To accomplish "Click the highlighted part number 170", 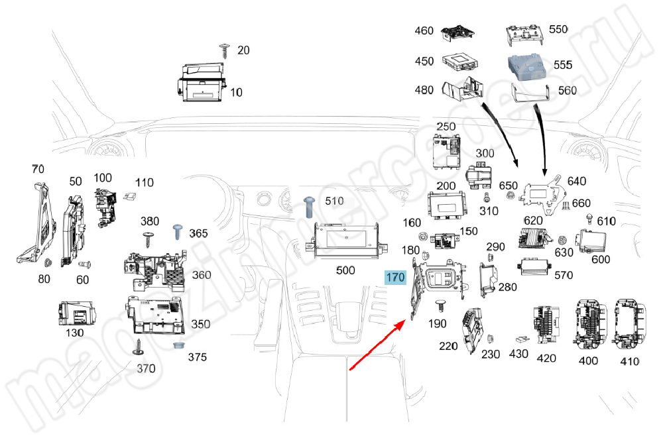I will (395, 277).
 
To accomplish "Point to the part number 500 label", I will (345, 270).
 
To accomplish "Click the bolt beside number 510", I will (309, 206).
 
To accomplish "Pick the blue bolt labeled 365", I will (179, 231).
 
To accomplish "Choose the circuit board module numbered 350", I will (158, 315).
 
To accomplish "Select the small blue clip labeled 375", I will (178, 347).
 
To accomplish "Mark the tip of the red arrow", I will (406, 319).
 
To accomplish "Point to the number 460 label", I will (424, 30).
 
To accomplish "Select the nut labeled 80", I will (50, 264).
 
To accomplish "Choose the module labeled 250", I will (446, 152).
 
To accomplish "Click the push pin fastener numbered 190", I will (439, 305).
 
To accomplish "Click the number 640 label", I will (576, 180).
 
